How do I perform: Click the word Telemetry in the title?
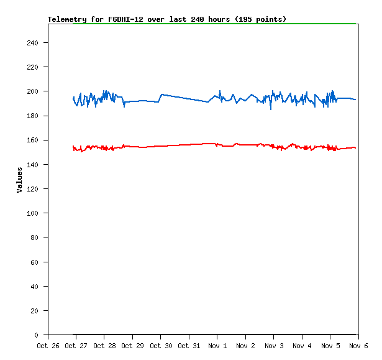pos(67,19)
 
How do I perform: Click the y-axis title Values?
pos(19,179)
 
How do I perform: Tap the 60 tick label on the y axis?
pos(34,262)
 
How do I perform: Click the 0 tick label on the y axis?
pos(37,335)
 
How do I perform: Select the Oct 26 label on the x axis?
pos(48,346)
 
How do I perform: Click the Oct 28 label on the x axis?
pos(104,346)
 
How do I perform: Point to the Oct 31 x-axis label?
pos(189,346)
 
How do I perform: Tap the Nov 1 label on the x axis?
pos(217,346)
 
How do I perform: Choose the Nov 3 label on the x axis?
pos(274,346)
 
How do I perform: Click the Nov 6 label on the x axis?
pos(358,346)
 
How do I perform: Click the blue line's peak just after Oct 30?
pos(161,95)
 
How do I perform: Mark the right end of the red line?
pos(356,148)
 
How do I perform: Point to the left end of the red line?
pos(73,146)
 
